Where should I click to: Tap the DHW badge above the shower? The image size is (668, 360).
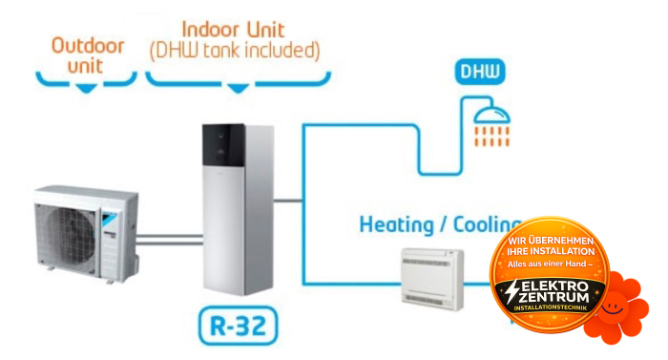tap(480, 73)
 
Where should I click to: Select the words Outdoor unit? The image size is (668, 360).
tap(88, 54)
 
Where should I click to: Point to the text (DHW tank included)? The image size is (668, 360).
tap(235, 48)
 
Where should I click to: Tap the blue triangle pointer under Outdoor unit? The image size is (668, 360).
tap(88, 87)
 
